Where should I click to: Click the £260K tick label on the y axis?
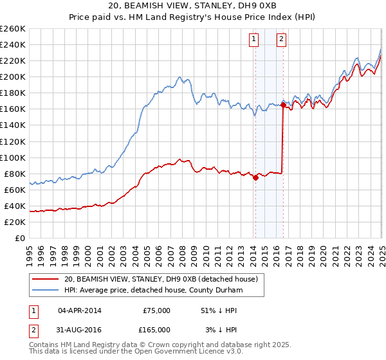tap(13, 29)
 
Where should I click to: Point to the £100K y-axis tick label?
tap(13, 157)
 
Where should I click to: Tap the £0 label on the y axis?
tap(20, 238)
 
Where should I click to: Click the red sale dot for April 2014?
tap(255, 178)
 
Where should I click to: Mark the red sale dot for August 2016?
tap(283, 105)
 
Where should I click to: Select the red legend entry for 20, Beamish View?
tap(161, 279)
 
